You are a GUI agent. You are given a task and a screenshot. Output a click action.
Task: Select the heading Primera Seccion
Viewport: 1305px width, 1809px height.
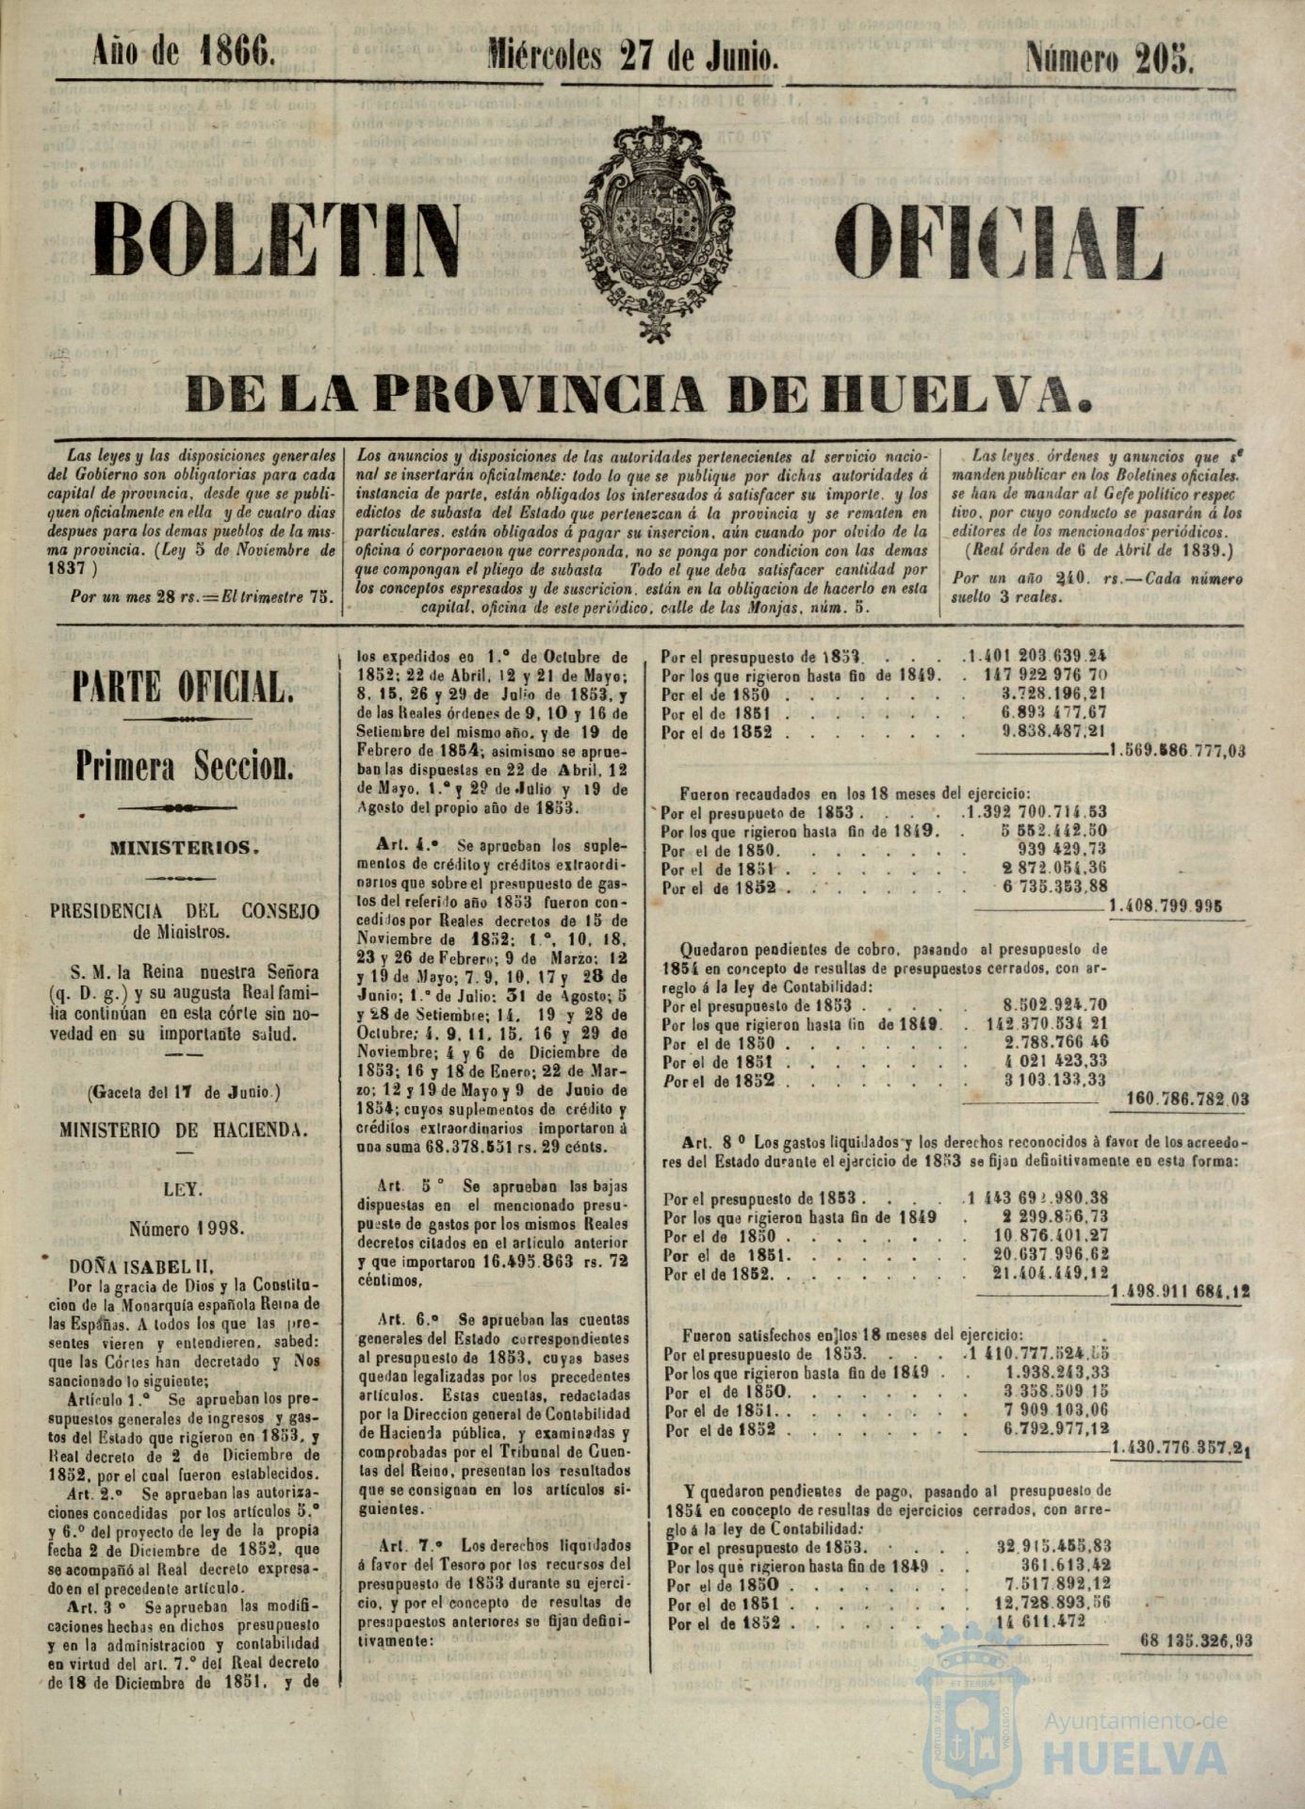click(x=185, y=768)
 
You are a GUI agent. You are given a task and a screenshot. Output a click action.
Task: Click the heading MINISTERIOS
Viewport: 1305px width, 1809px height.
click(x=185, y=847)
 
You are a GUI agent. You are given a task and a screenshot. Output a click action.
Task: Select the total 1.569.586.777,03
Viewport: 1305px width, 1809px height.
click(x=1179, y=751)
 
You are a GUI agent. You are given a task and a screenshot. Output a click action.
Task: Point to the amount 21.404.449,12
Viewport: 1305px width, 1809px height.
click(x=1057, y=1273)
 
